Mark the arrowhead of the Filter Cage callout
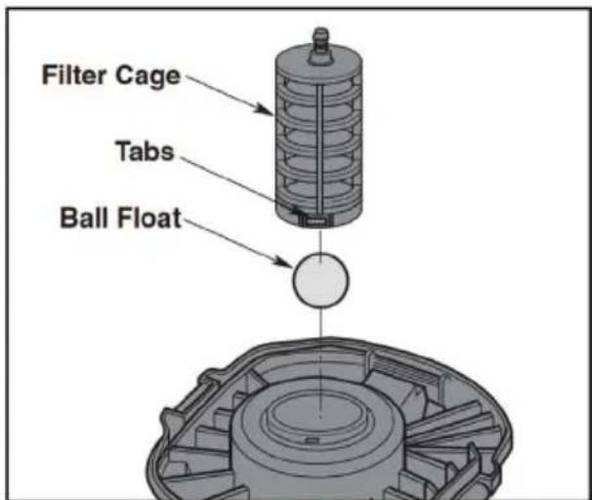click(x=275, y=114)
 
